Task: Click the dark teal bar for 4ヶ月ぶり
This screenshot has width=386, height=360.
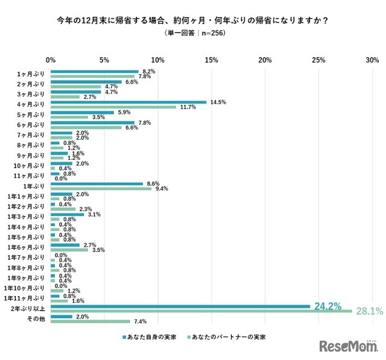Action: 128,102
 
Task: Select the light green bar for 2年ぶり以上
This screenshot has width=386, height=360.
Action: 201,311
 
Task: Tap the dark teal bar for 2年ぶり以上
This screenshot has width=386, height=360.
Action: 180,306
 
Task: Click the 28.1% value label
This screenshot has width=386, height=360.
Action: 369,311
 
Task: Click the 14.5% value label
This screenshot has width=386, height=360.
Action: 218,102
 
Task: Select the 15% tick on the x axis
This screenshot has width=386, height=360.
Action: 211,60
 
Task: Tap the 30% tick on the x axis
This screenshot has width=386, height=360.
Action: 372,60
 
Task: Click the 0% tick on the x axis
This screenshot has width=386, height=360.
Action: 51,60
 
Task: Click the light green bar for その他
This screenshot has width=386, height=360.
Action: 90,321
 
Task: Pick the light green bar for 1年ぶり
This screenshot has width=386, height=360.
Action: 101,188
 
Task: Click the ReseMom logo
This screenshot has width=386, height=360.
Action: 349,347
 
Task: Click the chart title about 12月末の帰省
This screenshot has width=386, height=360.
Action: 192,20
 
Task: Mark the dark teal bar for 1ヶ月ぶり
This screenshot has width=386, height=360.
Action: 95,71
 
